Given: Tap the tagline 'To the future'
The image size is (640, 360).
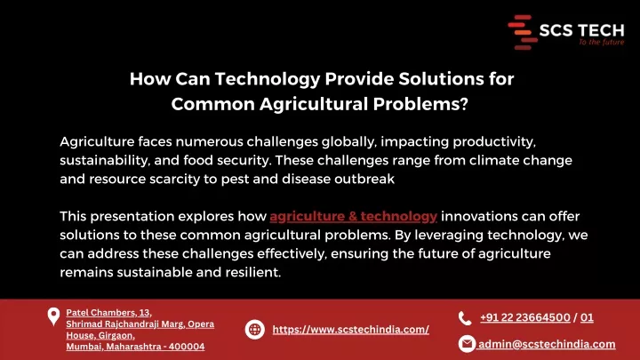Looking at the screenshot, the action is click(x=602, y=42).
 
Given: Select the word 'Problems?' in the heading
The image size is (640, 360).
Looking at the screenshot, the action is click(x=420, y=104).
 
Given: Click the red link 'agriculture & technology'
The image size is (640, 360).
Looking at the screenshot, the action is click(x=354, y=216).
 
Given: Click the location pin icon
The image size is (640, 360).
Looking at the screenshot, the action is click(x=53, y=316).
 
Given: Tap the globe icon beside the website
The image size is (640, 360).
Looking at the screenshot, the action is click(x=255, y=330).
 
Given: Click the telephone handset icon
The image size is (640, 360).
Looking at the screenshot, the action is click(x=465, y=318).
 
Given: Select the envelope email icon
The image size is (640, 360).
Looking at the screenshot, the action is click(x=467, y=344).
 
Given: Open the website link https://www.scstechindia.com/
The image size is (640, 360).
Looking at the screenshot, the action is click(x=350, y=330).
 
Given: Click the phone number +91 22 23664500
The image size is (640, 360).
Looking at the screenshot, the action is click(x=525, y=317).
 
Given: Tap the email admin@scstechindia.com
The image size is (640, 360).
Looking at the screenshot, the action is click(x=547, y=344).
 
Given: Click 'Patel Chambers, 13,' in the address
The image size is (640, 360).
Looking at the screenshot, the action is click(x=109, y=313).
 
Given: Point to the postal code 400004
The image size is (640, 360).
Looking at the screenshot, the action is click(x=187, y=347).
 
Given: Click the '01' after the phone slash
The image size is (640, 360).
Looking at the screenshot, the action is click(x=587, y=317).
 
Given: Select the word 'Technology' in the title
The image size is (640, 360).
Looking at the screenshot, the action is click(x=268, y=79).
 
